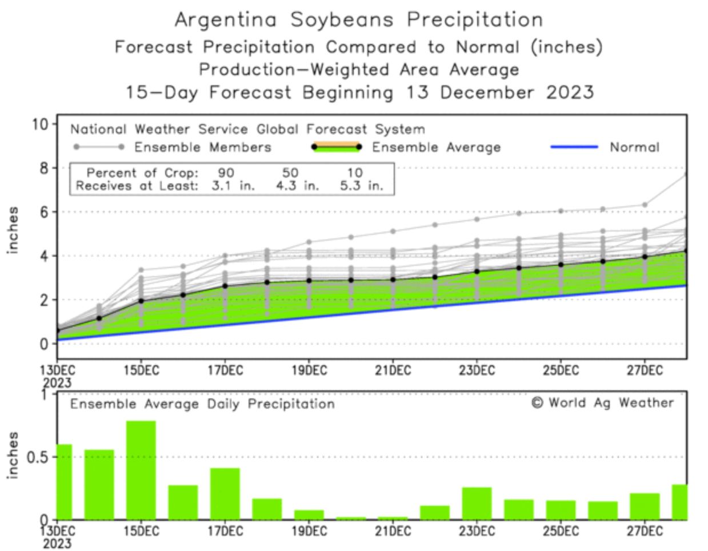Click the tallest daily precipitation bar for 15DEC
coord(141,470)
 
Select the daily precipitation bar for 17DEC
coord(225,493)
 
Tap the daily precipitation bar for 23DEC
coord(477,503)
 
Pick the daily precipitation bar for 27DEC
coord(645,506)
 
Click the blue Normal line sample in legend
coord(574,147)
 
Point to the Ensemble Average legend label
coord(436,147)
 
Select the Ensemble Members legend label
coord(203,147)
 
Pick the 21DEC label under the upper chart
coord(393,370)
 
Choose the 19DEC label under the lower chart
coord(309,532)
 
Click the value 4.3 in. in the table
coord(297,186)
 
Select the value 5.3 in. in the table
coord(361,186)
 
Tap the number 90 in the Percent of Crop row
coord(226,173)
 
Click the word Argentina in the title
coord(225,20)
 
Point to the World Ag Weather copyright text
coord(602,403)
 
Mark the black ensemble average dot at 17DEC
coord(225,286)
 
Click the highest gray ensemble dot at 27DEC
coord(645,205)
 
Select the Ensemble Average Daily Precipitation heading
coord(202,404)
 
